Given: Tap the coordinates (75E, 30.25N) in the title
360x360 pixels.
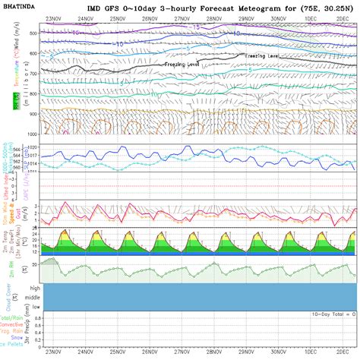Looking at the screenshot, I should point(318,7).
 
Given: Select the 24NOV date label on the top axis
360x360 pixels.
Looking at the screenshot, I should point(86,17).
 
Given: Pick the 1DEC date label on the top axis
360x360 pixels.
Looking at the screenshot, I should point(311,17).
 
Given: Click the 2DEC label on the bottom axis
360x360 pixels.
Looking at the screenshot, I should point(343,352).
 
